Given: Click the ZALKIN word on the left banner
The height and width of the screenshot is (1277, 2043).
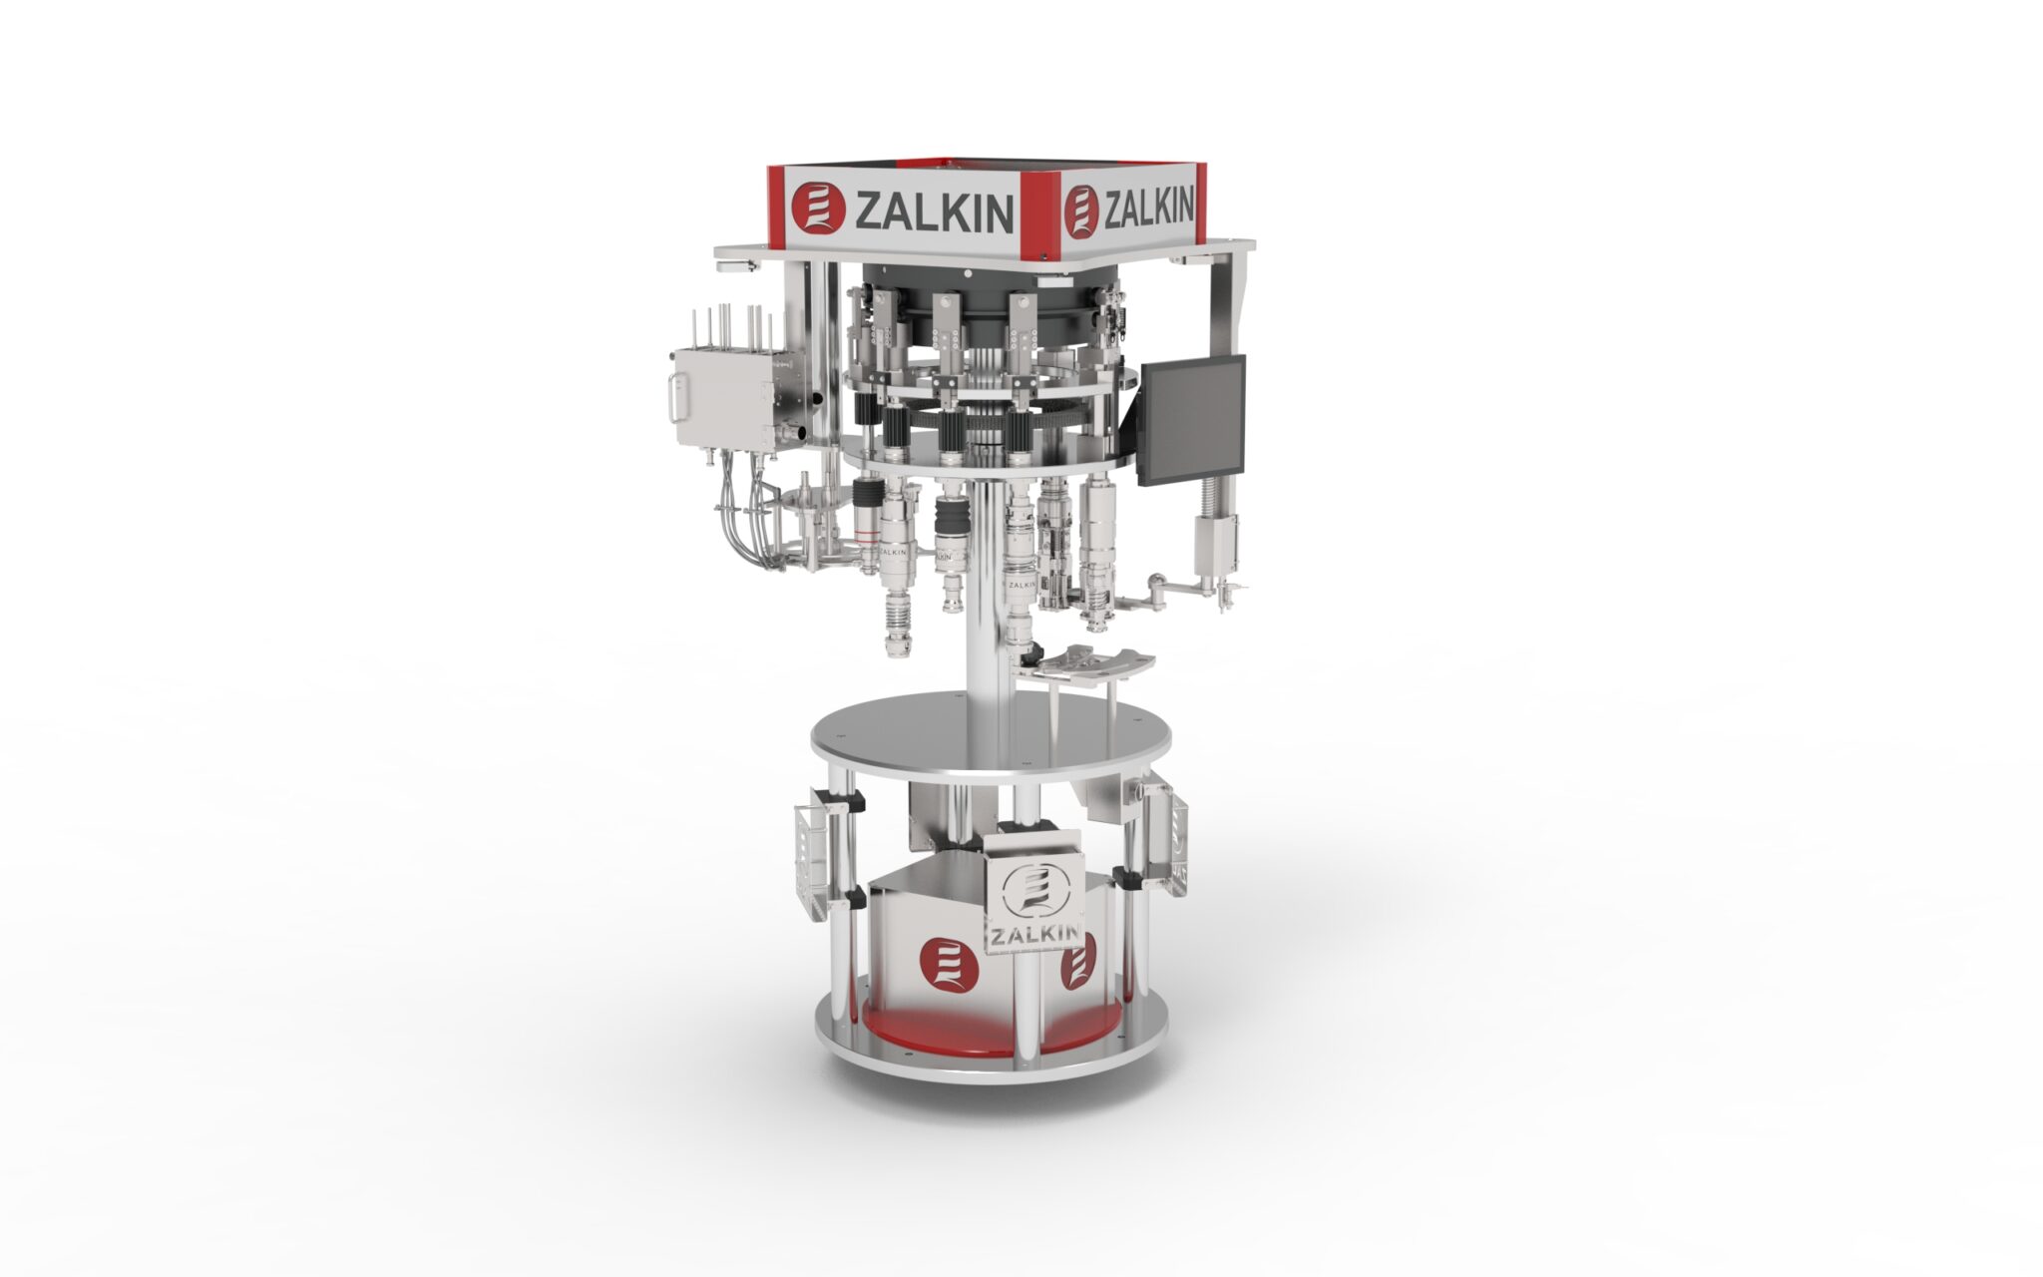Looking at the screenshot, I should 934,212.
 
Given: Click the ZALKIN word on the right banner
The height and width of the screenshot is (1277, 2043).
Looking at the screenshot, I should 1147,208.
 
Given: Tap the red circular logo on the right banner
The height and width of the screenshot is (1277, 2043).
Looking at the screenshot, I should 1081,212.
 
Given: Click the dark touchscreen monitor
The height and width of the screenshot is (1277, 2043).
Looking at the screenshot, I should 1193,419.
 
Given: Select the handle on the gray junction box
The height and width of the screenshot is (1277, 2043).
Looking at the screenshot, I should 671,397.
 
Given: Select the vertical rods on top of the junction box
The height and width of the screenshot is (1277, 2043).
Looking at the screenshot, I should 730,329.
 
